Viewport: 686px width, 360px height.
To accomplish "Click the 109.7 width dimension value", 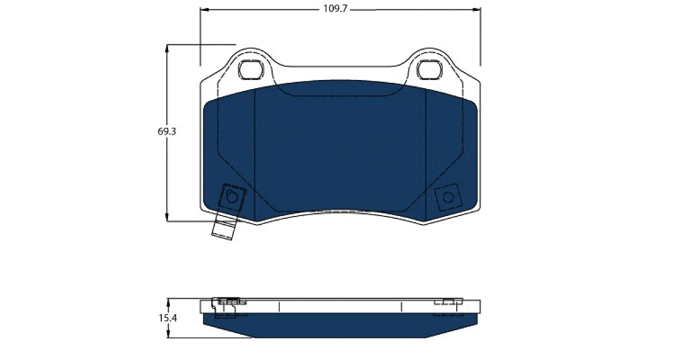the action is click(x=336, y=9).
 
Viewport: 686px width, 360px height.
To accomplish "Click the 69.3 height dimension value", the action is click(x=167, y=131).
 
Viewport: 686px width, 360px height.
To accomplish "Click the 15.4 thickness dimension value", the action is click(x=167, y=318).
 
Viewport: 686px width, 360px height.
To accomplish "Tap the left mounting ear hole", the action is click(x=251, y=70).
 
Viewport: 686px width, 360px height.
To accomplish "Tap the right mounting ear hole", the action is click(x=429, y=70).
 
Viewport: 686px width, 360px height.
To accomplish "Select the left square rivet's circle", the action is click(x=232, y=197).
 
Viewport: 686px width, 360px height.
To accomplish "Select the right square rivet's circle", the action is click(x=449, y=198).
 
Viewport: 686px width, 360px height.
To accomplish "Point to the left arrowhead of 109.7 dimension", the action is click(x=204, y=10).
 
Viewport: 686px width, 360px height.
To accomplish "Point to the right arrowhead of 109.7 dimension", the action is click(x=476, y=10).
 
